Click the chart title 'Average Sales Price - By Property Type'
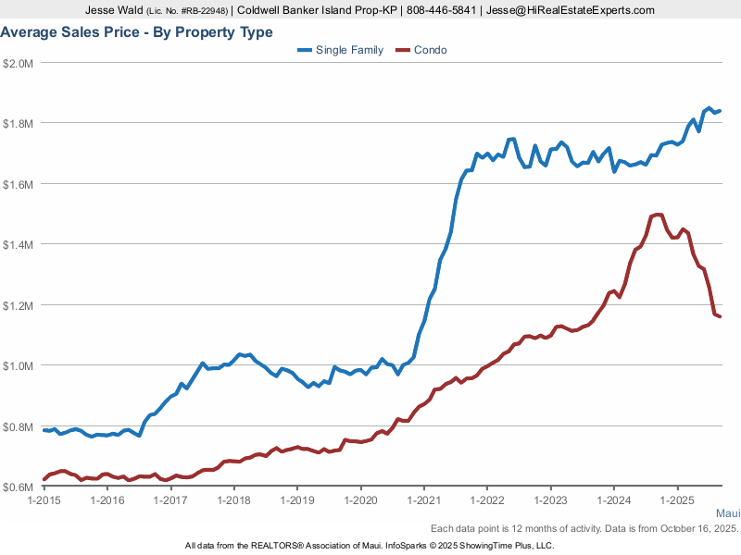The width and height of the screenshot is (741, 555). [137, 32]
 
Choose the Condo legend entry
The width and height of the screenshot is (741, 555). [421, 50]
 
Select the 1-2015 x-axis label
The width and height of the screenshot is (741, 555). [44, 500]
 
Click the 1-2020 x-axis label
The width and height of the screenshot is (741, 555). [360, 500]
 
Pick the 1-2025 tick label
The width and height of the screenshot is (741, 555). [676, 500]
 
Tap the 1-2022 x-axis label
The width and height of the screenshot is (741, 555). [486, 500]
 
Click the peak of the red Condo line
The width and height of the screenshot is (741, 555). [658, 215]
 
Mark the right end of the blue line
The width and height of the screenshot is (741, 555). [720, 111]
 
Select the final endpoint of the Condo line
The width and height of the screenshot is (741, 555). [720, 316]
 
